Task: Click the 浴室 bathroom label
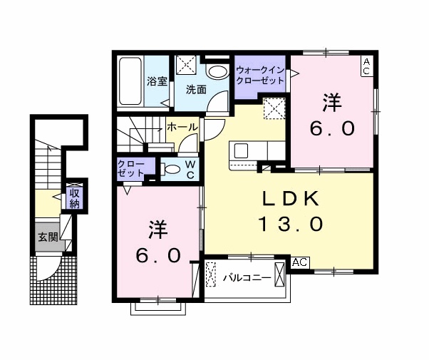pyautogui.click(x=157, y=82)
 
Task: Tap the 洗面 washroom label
pyautogui.click(x=197, y=91)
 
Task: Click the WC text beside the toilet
pyautogui.click(x=190, y=168)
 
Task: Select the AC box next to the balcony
pyautogui.click(x=299, y=262)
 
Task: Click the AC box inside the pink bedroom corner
pyautogui.click(x=366, y=66)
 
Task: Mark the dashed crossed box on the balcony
pyautogui.click(x=211, y=274)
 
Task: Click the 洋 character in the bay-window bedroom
pyautogui.click(x=158, y=230)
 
